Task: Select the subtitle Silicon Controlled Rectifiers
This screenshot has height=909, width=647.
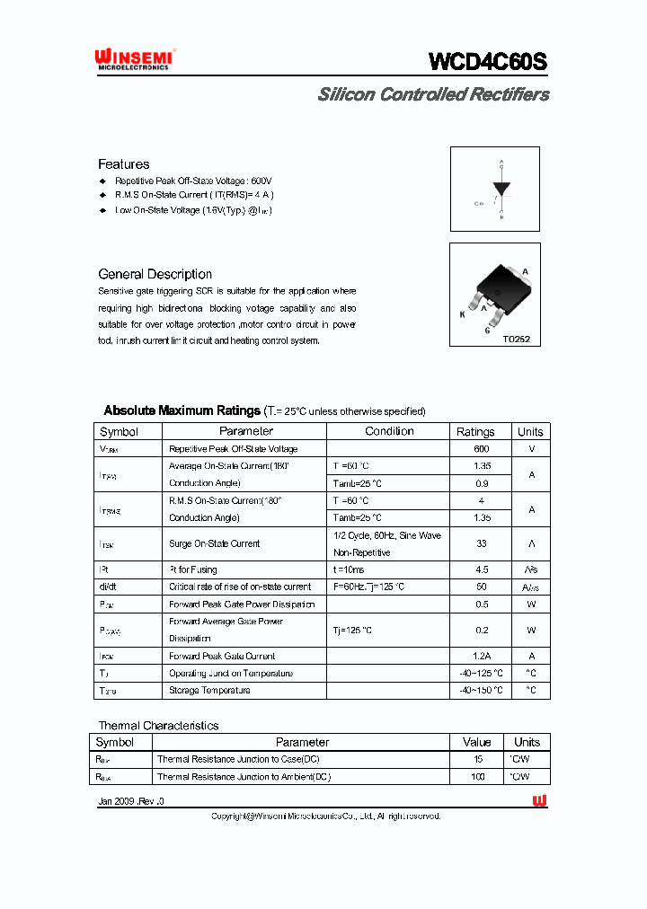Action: point(433,94)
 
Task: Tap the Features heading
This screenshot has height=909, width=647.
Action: point(124,164)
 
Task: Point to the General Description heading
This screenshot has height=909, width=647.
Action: point(155,274)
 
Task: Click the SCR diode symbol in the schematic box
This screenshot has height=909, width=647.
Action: point(501,190)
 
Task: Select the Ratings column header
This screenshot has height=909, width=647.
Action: point(475,431)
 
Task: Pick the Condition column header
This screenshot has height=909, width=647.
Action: point(389,431)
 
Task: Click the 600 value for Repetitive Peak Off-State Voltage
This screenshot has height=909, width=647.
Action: point(481,449)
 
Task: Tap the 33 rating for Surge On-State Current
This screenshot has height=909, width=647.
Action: point(481,543)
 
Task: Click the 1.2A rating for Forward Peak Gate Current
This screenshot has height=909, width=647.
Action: point(481,657)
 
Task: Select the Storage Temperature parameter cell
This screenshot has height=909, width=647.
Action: point(209,691)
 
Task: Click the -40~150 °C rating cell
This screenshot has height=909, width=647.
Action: point(481,691)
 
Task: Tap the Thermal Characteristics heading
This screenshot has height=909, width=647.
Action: point(158,726)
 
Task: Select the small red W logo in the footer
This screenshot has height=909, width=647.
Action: point(539,800)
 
